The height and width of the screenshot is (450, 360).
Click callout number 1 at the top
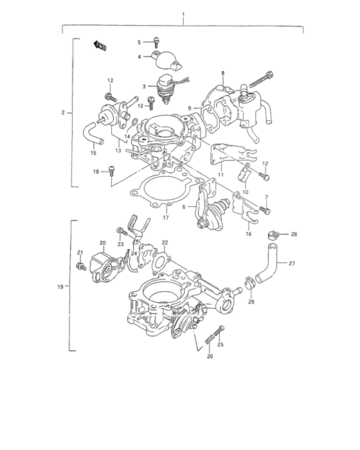point(183,14)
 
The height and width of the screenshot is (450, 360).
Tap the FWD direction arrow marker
point(100,44)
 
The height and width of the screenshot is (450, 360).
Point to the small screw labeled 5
point(156,41)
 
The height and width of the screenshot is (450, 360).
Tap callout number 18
point(95,172)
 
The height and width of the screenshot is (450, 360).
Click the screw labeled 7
point(266,210)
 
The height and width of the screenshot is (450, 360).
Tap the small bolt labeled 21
point(81,265)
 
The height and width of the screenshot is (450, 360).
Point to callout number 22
point(165,242)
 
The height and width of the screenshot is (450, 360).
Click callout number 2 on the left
point(63,113)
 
